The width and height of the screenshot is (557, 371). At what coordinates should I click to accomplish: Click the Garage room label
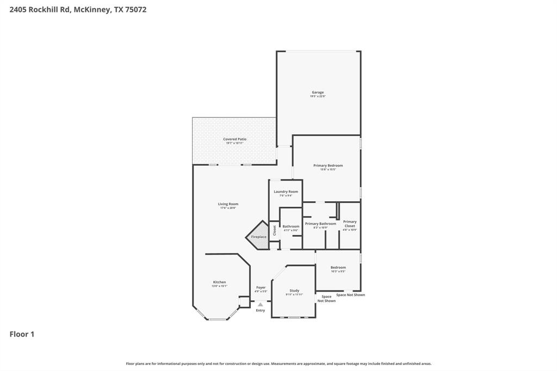[x=318, y=92]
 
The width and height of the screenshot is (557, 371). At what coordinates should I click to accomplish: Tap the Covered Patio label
[x=234, y=139]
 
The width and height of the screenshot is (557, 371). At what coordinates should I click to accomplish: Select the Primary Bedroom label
[x=328, y=165]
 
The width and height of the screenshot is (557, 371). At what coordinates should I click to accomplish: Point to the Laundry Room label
[x=286, y=191]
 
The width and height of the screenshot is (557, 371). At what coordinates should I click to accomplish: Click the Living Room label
[x=228, y=204]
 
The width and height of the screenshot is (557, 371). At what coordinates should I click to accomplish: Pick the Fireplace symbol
[x=259, y=237]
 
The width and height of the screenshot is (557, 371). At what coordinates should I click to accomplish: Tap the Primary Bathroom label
[x=320, y=224]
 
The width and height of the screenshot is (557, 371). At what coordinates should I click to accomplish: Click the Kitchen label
[x=219, y=282]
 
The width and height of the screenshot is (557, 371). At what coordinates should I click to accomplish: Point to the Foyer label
[x=261, y=287]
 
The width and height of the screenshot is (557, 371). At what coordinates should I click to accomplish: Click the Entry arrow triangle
[x=261, y=305]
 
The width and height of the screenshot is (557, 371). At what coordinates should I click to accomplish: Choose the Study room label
[x=294, y=290]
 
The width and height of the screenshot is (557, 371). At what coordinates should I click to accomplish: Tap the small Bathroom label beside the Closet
[x=291, y=226]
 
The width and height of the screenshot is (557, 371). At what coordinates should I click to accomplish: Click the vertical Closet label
[x=275, y=230]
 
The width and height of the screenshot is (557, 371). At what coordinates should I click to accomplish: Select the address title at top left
[x=78, y=9]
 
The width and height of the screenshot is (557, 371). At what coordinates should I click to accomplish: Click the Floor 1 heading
[x=22, y=334]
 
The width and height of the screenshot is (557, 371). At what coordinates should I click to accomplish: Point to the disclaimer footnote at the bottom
[x=278, y=363]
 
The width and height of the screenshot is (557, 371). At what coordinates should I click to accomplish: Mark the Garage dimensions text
[x=318, y=96]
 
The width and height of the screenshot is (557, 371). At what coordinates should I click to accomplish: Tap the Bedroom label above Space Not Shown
[x=338, y=267]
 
